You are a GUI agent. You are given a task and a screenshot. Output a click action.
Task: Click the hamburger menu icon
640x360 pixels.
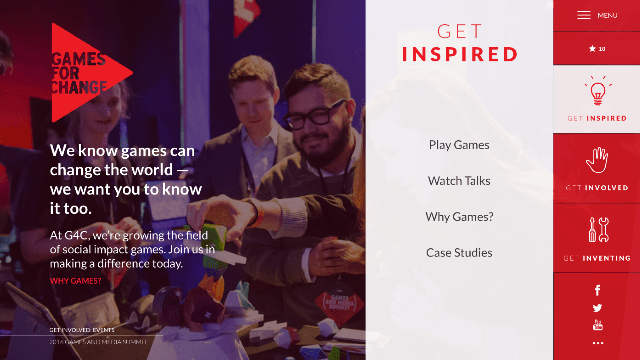tap(584, 15)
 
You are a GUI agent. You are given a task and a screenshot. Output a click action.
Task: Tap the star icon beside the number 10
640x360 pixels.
tap(592, 49)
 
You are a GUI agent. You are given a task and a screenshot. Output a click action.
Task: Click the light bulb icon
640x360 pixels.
tap(598, 91)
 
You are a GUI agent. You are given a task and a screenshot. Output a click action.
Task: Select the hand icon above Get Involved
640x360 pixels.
tap(597, 160)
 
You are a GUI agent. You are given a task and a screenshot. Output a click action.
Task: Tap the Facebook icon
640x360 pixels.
tap(598, 290)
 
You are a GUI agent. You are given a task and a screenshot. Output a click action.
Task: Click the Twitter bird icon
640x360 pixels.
tap(598, 308)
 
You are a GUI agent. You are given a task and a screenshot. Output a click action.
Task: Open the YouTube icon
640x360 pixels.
tap(598, 325)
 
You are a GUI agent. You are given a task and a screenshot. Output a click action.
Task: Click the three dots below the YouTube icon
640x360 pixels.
tap(598, 343)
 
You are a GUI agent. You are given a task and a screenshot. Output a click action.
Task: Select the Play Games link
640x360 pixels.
tap(459, 145)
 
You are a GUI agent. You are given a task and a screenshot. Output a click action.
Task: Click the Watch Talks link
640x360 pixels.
tap(459, 181)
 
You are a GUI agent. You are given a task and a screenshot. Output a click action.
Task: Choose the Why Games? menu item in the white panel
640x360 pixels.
tap(459, 217)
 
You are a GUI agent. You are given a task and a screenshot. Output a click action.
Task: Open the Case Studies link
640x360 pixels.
tap(459, 253)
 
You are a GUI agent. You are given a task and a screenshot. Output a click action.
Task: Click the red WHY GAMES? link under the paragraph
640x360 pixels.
tap(75, 281)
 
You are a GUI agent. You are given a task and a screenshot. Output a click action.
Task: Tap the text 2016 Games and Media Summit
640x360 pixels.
tap(98, 342)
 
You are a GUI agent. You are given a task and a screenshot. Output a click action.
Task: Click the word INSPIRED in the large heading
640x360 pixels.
tap(460, 54)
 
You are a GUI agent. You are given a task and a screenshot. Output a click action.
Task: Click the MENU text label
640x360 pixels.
tap(607, 15)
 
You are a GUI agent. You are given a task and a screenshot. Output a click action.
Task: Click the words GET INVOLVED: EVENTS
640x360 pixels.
tap(82, 330)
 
